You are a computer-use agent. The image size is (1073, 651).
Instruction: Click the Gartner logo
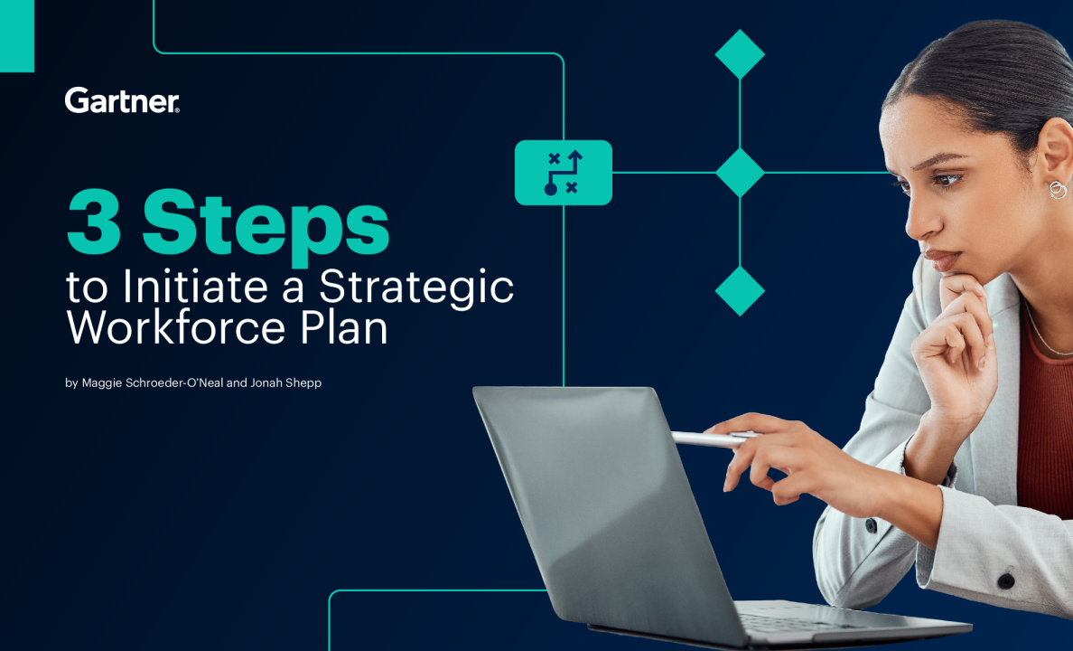(122, 100)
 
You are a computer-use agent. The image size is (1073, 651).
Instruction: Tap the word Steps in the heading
(266, 227)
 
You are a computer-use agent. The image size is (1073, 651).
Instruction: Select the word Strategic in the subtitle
(416, 288)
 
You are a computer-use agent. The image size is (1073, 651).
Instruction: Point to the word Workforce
(175, 327)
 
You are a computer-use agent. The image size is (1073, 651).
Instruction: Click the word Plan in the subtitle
(343, 327)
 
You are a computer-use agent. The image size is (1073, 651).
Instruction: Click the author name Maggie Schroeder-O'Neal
(153, 382)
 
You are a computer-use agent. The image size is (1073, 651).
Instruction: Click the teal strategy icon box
(564, 173)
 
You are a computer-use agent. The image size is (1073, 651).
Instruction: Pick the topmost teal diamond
(740, 54)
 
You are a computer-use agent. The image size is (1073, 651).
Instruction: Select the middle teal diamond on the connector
(740, 173)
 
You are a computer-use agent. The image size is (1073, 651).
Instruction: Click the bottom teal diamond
(740, 291)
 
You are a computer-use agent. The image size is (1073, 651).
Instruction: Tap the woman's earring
(1058, 190)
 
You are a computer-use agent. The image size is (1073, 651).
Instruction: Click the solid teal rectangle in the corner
(17, 35)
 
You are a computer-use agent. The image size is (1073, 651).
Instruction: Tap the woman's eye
(947, 180)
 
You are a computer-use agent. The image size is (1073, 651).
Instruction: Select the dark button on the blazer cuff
(1005, 581)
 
